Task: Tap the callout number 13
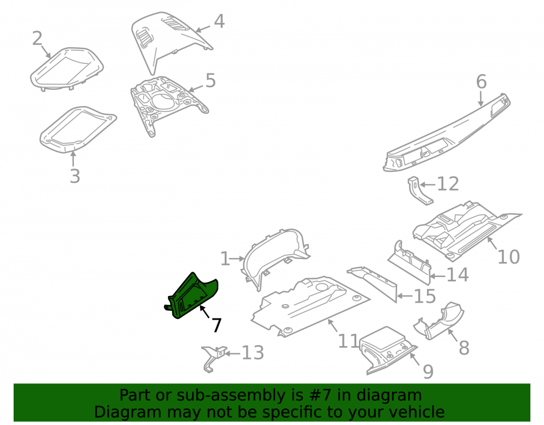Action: [252, 353]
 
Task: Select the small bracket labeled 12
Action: [420, 190]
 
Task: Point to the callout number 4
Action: [219, 22]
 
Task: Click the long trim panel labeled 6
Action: [447, 133]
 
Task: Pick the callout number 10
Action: [508, 257]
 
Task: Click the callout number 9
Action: [428, 372]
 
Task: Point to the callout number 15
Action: [425, 297]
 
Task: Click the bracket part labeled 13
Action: [213, 359]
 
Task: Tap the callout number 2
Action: [38, 38]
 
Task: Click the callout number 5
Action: [211, 81]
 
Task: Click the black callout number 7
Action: [217, 325]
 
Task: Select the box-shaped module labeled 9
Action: [388, 350]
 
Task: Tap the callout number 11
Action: [348, 341]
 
